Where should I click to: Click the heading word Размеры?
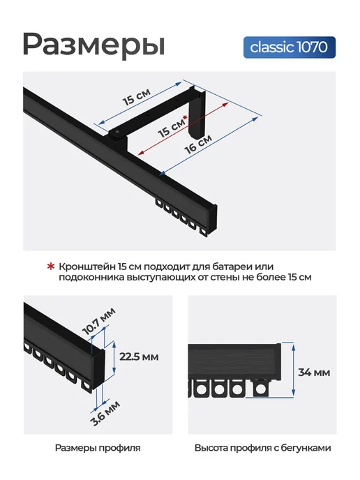(x=93, y=45)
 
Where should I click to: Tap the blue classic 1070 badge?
(x=290, y=47)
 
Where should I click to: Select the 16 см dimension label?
(x=198, y=144)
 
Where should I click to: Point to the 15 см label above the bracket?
(x=137, y=97)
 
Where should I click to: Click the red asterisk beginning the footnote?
(x=50, y=267)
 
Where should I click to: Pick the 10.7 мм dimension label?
(x=98, y=322)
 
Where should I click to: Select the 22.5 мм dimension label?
(x=139, y=357)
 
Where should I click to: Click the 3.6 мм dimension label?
(x=105, y=413)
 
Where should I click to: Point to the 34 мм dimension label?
(x=314, y=373)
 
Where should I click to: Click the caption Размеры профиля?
(x=98, y=448)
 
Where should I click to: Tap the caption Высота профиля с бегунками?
(x=262, y=448)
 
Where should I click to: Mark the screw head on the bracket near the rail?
(x=117, y=133)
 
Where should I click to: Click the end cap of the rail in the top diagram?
(x=213, y=219)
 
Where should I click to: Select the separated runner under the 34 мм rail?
(x=260, y=388)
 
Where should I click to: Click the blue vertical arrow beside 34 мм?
(x=293, y=370)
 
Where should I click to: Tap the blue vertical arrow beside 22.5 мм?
(x=114, y=357)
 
